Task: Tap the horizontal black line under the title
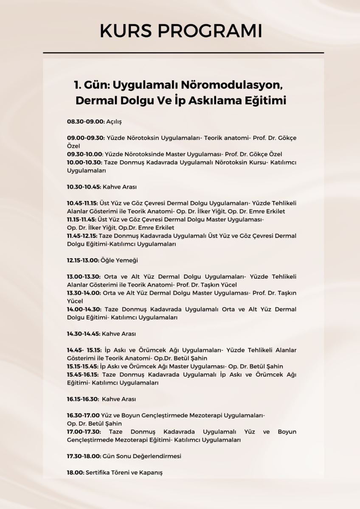[183, 53]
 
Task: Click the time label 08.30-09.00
[85, 122]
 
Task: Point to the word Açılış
[114, 122]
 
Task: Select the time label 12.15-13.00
[83, 260]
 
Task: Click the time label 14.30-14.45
[84, 334]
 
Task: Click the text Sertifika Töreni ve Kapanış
[124, 473]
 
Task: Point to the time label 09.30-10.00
[85, 154]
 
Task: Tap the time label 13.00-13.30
[84, 277]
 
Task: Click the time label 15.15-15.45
[82, 366]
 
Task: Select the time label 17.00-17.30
[84, 432]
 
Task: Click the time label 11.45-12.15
[82, 236]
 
